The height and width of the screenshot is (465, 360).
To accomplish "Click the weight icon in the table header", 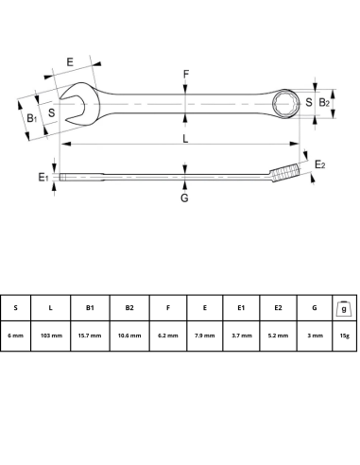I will point(345,307).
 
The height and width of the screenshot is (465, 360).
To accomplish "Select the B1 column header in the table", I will point(90,308).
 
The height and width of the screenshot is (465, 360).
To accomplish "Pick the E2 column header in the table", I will point(278,308).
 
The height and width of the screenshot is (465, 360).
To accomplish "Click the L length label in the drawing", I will point(185,138).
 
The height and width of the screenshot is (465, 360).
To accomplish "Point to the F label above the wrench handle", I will point(186,74).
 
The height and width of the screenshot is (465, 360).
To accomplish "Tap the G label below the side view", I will point(184,198).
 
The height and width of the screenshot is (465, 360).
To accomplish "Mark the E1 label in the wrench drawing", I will point(43,177).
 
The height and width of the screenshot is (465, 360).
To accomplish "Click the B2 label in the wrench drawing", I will point(324,102).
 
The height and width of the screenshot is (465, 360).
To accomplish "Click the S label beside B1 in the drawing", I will point(52,113).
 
